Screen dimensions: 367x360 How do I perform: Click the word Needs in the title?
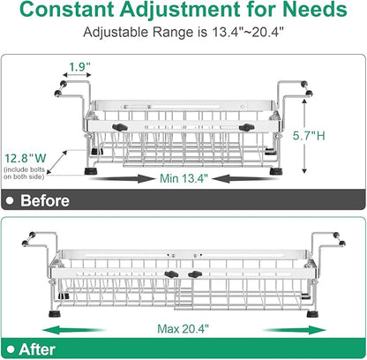click(x=314, y=9)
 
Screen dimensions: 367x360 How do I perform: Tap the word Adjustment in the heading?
click(x=180, y=11)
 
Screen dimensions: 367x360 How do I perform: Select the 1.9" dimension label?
click(x=79, y=67)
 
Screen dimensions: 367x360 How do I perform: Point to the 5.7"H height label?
click(x=309, y=136)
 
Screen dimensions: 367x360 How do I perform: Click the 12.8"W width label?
click(x=26, y=158)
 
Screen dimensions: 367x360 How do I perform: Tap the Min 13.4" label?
click(x=183, y=178)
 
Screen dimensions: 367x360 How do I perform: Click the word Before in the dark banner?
click(x=45, y=200)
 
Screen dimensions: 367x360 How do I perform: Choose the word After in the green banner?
click(x=37, y=349)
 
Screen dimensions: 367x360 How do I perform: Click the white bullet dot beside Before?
click(x=11, y=200)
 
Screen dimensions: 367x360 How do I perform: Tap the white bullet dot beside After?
click(x=11, y=349)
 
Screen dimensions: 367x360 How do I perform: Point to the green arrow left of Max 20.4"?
click(x=74, y=330)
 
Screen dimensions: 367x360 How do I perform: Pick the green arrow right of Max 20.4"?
click(x=295, y=330)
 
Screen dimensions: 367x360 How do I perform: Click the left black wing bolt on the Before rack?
click(x=120, y=127)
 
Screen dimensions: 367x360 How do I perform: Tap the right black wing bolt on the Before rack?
click(x=246, y=128)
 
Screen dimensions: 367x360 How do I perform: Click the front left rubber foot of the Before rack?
click(x=91, y=171)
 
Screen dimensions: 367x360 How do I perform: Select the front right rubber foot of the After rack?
click(x=312, y=314)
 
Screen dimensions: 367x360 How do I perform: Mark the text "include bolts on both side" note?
click(x=25, y=173)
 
